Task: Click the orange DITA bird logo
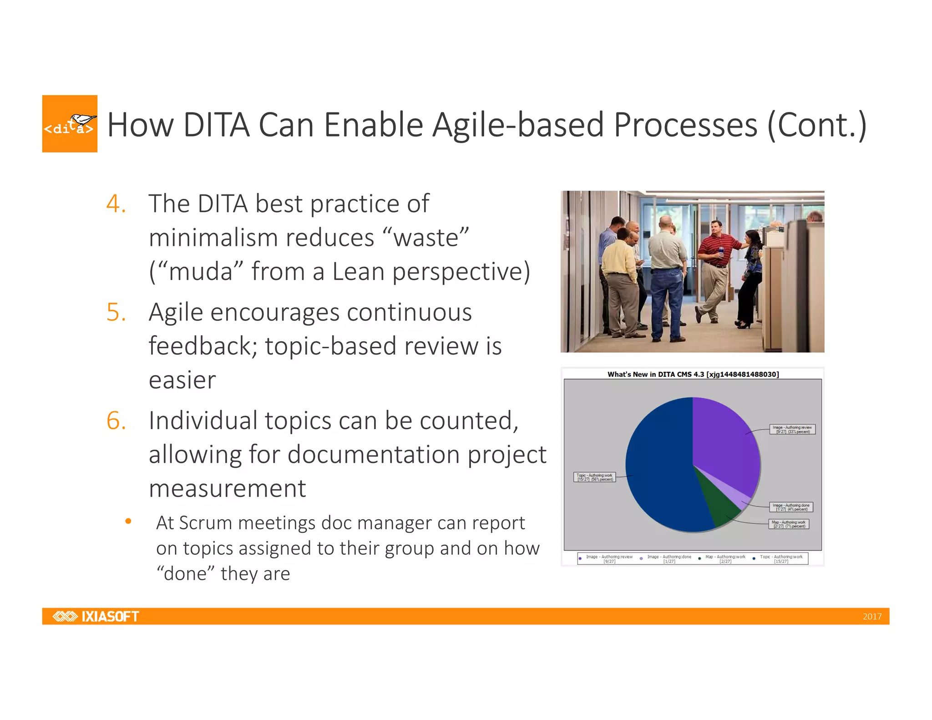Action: pyautogui.click(x=70, y=123)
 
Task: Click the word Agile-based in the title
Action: pyautogui.click(x=518, y=125)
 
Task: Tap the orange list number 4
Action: pyautogui.click(x=116, y=203)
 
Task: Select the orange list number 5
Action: pyautogui.click(x=116, y=312)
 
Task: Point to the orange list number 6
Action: pyautogui.click(x=116, y=421)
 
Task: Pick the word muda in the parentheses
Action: pyautogui.click(x=201, y=272)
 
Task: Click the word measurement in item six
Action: pyautogui.click(x=227, y=488)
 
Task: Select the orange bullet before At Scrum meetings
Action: pyautogui.click(x=128, y=521)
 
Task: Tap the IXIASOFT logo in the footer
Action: pyautogui.click(x=96, y=616)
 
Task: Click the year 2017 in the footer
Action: pyautogui.click(x=871, y=617)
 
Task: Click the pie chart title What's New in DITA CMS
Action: pyautogui.click(x=693, y=374)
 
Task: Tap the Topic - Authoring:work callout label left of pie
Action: pyautogui.click(x=594, y=477)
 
